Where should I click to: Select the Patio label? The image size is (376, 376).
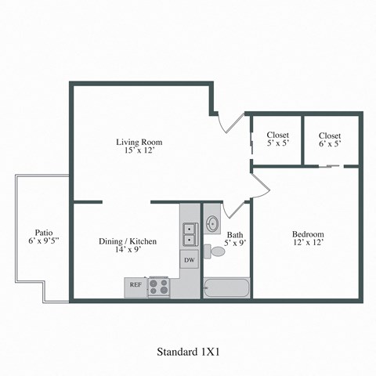(x=43, y=232)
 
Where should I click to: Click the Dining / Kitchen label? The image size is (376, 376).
(x=127, y=241)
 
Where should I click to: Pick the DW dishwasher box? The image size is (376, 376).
(x=189, y=259)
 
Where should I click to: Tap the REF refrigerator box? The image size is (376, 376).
(x=136, y=285)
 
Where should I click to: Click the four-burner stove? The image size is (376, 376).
(x=159, y=286)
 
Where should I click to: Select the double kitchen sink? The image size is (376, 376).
(x=189, y=234)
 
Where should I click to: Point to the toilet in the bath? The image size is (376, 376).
(x=214, y=251)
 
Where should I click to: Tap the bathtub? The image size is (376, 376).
(x=226, y=287)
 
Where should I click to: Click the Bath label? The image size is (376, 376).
(x=235, y=234)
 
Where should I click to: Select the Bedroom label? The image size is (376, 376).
(x=308, y=234)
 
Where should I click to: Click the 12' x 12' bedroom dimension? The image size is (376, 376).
(x=308, y=243)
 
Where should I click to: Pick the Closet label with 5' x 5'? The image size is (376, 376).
(x=277, y=135)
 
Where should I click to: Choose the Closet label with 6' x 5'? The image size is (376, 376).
(x=330, y=135)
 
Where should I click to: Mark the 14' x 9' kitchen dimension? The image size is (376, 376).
(x=127, y=251)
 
